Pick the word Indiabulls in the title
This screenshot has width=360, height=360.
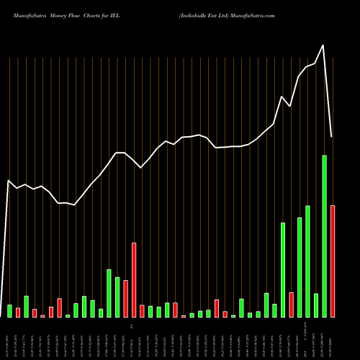pos(194,14)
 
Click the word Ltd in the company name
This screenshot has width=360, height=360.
pos(224,14)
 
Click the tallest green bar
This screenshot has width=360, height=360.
pos(324,236)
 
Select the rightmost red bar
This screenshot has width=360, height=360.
pos(333,261)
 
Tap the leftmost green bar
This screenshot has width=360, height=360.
pos(10,311)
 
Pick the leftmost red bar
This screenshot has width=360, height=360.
pos(18,312)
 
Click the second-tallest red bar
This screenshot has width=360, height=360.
pos(134,280)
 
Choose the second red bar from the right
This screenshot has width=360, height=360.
pos(291,305)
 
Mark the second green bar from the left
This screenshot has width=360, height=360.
pos(27,307)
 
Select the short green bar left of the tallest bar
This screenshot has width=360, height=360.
pos(316,305)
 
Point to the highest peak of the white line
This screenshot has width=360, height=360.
pos(323,45)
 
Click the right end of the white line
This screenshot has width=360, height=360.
pos(332,137)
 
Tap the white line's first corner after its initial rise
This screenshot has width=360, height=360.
pos(9,181)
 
